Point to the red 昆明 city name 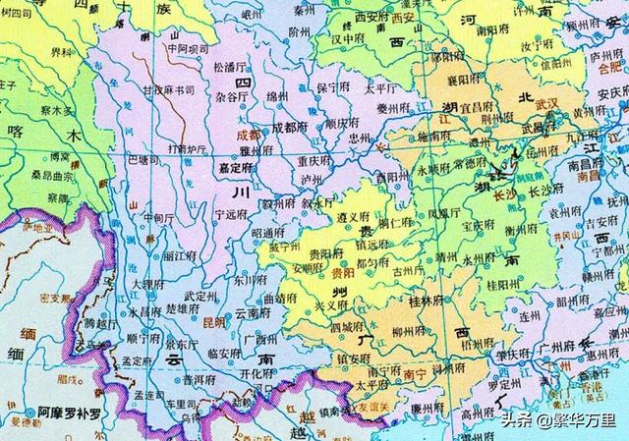point(213,322)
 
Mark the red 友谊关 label point(379,402)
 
